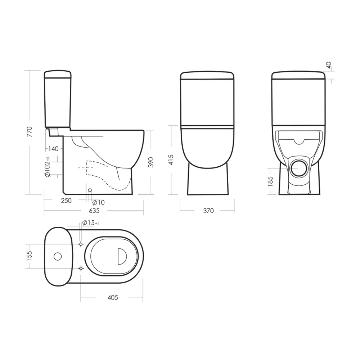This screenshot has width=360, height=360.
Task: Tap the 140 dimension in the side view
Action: coord(53,149)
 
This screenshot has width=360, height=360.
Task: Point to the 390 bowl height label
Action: coord(151,162)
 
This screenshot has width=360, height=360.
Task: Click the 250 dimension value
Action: coord(66,201)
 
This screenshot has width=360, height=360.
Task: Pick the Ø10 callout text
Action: coord(98,203)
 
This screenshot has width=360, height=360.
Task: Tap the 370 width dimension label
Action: coord(208,211)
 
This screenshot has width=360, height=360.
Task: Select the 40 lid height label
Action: coord(328,65)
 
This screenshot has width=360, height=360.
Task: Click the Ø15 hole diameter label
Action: coord(90,223)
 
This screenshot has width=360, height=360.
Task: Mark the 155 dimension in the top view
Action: coord(30,256)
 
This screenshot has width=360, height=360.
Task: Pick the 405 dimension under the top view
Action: coord(113,298)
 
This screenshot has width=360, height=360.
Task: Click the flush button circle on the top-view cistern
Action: coord(57,256)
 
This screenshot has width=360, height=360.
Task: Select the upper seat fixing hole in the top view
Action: coord(81,244)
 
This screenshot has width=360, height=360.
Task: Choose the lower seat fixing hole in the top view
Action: coord(81,268)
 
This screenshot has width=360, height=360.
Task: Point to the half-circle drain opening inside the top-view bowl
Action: coord(122,256)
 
